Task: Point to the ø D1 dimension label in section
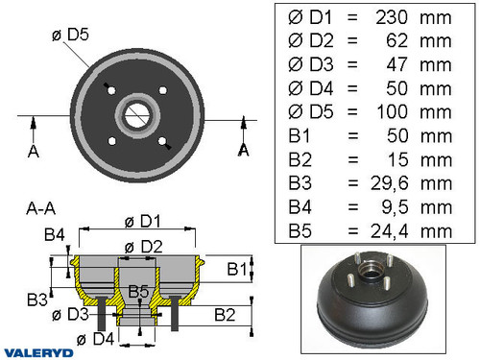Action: coord(141,221)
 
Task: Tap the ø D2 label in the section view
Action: coord(142,246)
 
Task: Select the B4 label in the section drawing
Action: coord(55,233)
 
